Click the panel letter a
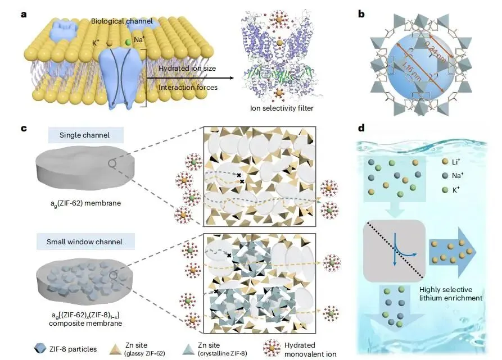pyautogui.click(x=24, y=15)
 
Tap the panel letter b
pyautogui.click(x=361, y=14)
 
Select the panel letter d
pyautogui.click(x=361, y=128)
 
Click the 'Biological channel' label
pyautogui.click(x=122, y=21)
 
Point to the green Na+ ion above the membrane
pyautogui.click(x=128, y=42)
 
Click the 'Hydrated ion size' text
pyautogui.click(x=187, y=69)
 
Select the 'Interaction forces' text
pyautogui.click(x=188, y=87)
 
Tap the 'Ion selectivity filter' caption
pyautogui.click(x=282, y=108)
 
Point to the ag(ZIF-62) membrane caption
pyautogui.click(x=86, y=203)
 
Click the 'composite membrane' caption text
pyautogui.click(x=85, y=323)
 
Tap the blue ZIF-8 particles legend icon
pyautogui.click(x=40, y=349)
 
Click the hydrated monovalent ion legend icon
pyautogui.click(x=272, y=349)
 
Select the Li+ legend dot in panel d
pyautogui.click(x=445, y=161)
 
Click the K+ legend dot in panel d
pyautogui.click(x=445, y=190)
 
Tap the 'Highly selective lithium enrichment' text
pyautogui.click(x=451, y=294)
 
